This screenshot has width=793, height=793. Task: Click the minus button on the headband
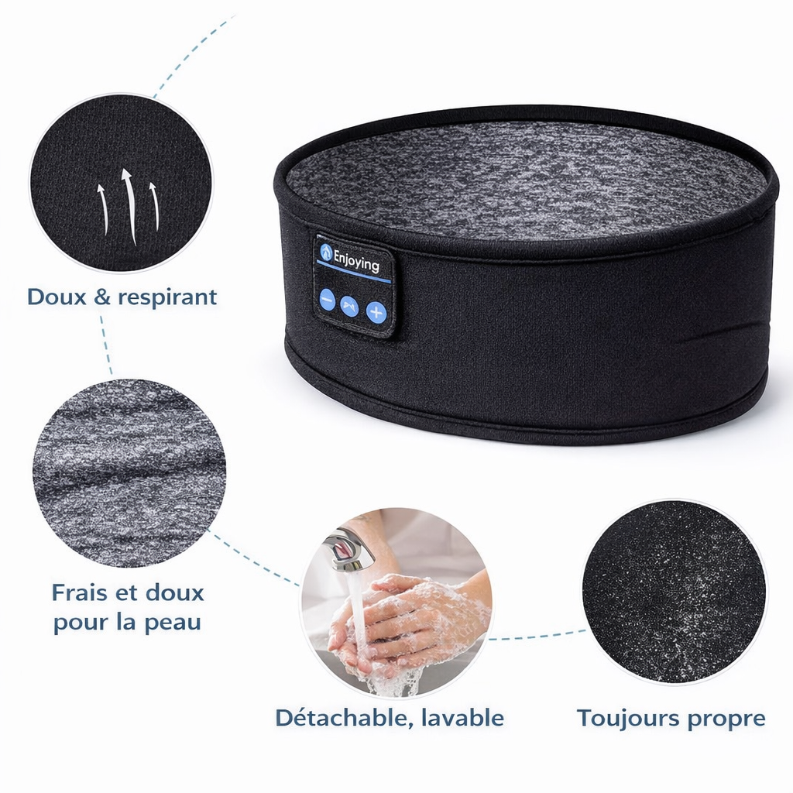coord(327,300)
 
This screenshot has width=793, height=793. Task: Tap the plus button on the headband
coord(376,312)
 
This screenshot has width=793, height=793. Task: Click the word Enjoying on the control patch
coord(357,261)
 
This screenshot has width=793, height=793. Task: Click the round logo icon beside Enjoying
coord(326,252)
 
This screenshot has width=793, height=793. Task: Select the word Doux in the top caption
coord(56,297)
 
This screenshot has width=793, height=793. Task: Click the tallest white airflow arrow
coord(129,204)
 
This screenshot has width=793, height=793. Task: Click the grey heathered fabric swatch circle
coord(129,472)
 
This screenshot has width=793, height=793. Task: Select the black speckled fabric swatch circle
coord(674,592)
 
